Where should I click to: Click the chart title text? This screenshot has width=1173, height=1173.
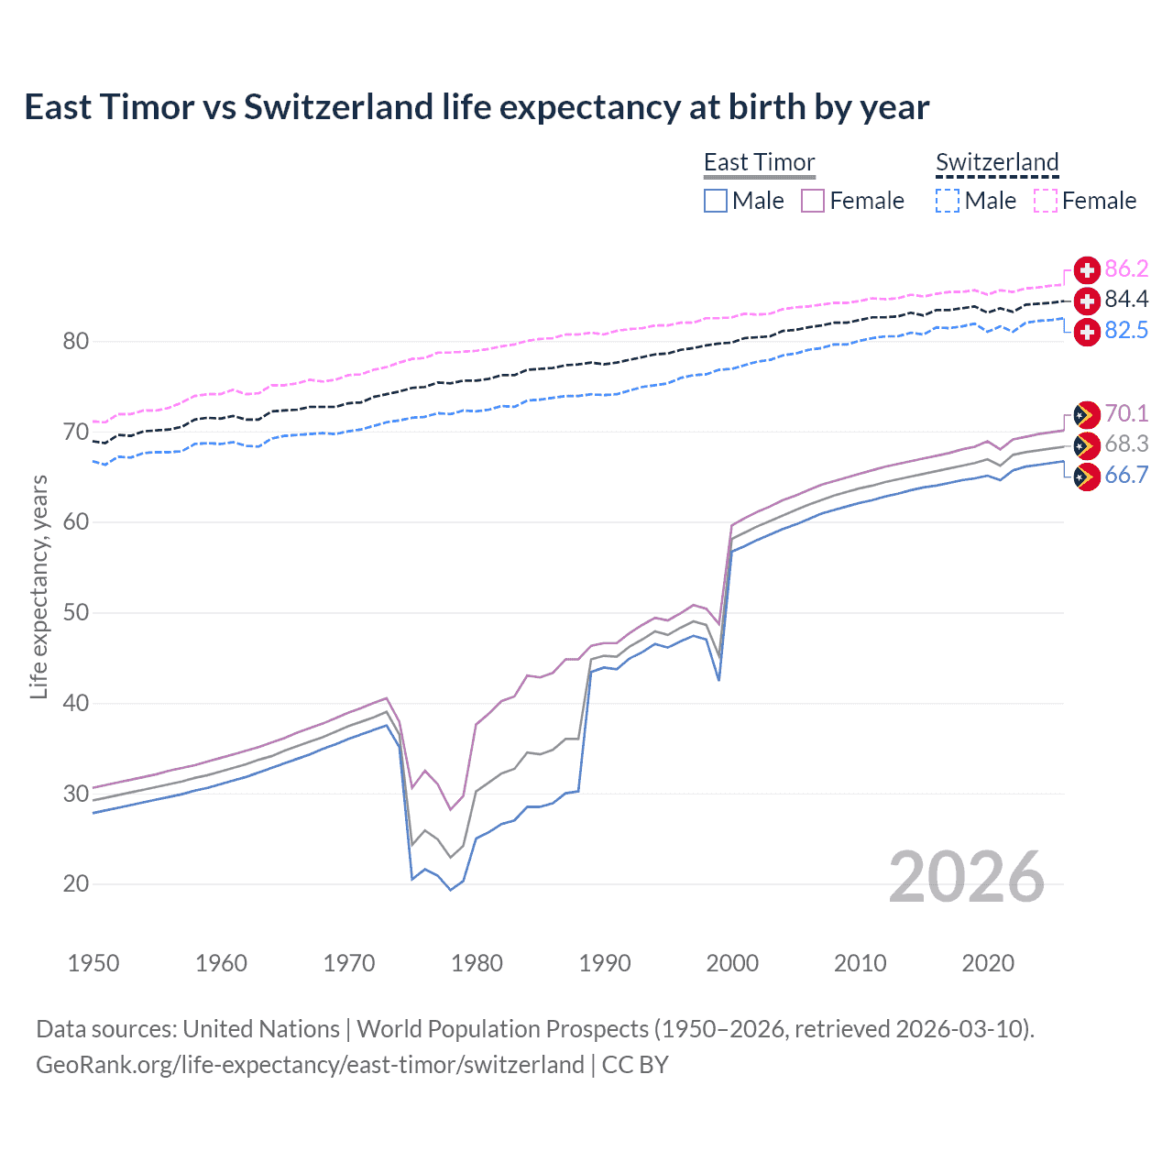(x=477, y=107)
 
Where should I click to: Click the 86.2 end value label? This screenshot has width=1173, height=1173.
(x=1125, y=269)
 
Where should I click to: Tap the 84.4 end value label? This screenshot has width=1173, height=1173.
(x=1125, y=299)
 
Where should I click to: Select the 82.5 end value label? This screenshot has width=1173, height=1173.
(x=1125, y=330)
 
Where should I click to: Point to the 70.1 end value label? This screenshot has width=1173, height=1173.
(x=1125, y=413)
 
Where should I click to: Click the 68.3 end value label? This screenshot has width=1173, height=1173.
(x=1125, y=444)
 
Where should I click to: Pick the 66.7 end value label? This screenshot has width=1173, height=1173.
(x=1125, y=475)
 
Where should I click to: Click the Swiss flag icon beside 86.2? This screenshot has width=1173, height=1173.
(x=1087, y=269)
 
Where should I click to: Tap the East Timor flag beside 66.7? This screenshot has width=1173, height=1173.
(x=1087, y=477)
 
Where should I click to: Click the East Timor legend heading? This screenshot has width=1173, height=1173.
(x=759, y=162)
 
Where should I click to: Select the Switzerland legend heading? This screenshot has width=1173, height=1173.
(x=997, y=162)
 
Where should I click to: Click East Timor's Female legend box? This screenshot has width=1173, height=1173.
(x=813, y=201)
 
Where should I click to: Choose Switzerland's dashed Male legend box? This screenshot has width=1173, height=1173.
(x=948, y=201)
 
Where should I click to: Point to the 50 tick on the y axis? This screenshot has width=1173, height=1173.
(x=76, y=612)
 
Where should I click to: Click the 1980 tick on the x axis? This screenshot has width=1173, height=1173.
(x=477, y=963)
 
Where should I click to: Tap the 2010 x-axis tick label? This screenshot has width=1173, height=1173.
(x=860, y=963)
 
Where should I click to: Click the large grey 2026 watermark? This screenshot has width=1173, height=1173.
(x=966, y=877)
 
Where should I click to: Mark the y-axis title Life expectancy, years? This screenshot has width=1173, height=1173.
(x=38, y=586)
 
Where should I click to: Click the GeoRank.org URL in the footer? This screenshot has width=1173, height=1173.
(x=310, y=1065)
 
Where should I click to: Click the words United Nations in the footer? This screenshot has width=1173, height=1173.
(x=261, y=1029)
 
